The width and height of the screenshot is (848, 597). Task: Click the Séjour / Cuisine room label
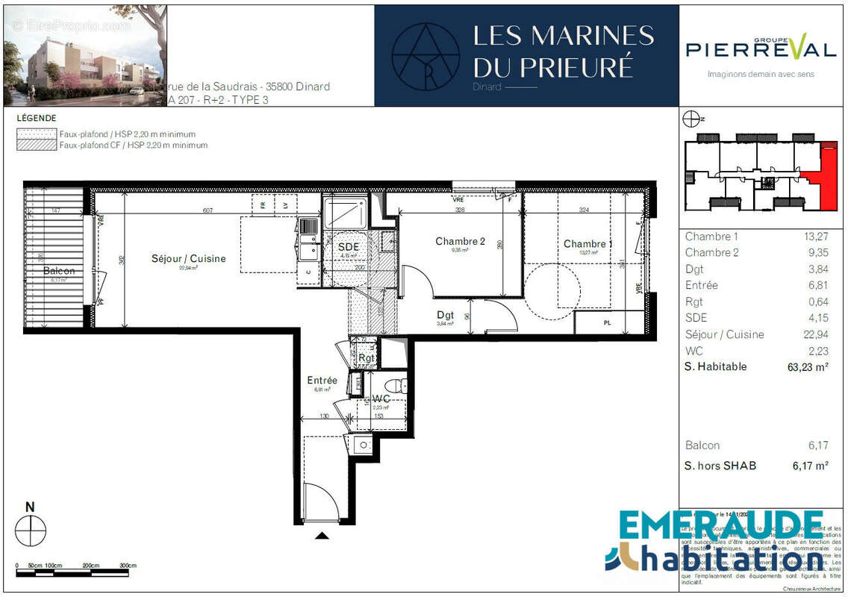(x=188, y=259)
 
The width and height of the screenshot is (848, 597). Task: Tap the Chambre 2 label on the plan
(x=460, y=241)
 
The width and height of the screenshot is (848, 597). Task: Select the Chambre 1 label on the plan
(x=588, y=244)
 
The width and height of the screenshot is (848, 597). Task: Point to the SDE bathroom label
(x=349, y=247)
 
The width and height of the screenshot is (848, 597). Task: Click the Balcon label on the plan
(x=59, y=270)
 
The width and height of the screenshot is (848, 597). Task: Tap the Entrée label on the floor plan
(x=322, y=381)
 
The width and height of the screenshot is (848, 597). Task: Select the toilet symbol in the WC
(x=401, y=386)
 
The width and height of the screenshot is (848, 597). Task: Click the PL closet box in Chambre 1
(x=608, y=322)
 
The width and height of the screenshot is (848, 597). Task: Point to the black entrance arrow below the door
(x=322, y=534)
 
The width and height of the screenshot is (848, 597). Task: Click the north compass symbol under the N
(x=31, y=531)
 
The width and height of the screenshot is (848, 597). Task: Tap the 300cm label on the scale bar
(x=129, y=566)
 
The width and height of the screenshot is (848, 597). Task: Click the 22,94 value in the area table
(x=812, y=334)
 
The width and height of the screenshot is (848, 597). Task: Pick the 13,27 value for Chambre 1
(x=814, y=237)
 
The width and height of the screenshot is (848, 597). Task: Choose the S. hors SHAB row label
(x=720, y=466)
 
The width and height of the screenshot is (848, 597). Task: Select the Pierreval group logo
(x=761, y=49)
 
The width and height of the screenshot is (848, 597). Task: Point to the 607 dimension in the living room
(x=208, y=211)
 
